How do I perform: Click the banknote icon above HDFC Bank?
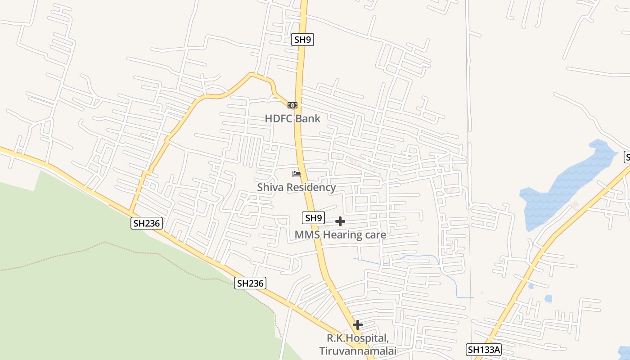pos(292,105)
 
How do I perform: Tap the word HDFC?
pos(279,119)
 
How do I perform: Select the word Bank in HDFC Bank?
pos(308,119)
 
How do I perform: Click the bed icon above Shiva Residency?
pos(296,174)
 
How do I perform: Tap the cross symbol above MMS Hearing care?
pos(340,221)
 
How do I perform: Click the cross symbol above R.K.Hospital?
pos(358,325)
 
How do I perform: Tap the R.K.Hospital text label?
pos(357,338)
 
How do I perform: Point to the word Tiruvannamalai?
pos(358,351)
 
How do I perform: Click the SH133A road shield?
pos(483,350)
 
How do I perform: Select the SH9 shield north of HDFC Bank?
pos(302,40)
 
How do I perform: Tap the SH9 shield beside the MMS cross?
pos(313,218)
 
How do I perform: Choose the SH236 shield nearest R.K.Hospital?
pos(250,283)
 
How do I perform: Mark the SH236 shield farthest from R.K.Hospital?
pos(147,223)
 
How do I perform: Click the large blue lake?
pos(562,184)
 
